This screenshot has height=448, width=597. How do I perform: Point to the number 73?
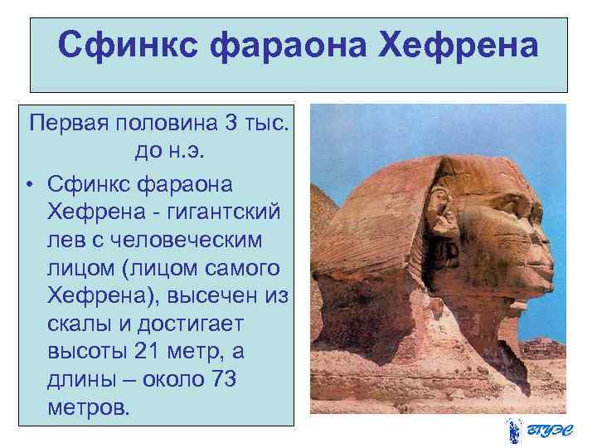pos(221,380)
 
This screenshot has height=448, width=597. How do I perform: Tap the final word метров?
pos(89,408)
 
